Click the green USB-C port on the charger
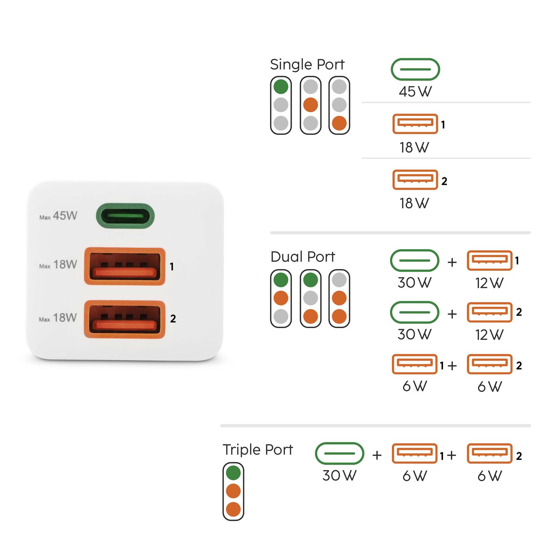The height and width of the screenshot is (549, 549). click(125, 216)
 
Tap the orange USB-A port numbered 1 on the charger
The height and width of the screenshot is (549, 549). click(125, 267)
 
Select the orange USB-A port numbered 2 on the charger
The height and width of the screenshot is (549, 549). click(125, 319)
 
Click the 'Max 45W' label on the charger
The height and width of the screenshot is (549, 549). click(58, 216)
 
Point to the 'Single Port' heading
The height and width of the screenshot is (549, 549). click(307, 65)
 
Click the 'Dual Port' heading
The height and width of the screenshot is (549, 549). click(303, 257)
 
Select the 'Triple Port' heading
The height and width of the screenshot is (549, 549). click(258, 449)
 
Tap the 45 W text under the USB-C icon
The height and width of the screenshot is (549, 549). click(415, 92)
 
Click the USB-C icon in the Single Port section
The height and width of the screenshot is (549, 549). click(415, 69)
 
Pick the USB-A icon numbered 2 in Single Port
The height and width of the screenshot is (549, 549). click(415, 179)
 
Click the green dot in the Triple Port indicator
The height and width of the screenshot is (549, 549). click(233, 473)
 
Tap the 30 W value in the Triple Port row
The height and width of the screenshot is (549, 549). click(339, 476)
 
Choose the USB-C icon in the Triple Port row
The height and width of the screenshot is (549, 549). click(339, 453)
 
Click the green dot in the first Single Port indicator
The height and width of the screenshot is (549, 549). click(281, 87)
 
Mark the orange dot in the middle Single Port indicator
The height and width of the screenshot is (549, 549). click(311, 105)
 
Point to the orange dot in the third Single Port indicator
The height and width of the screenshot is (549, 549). click(339, 123)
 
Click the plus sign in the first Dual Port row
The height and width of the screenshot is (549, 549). click(452, 262)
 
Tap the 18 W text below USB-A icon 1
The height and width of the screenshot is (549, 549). click(414, 148)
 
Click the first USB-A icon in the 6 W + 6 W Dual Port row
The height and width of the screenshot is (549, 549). click(414, 364)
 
